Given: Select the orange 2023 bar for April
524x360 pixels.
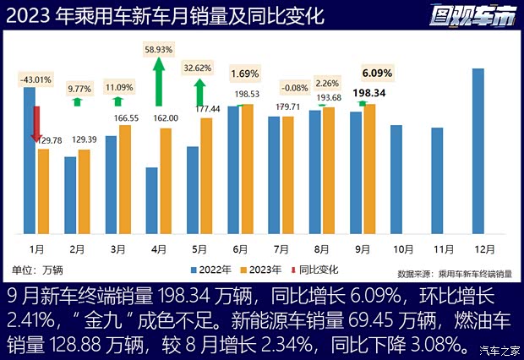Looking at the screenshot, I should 166,180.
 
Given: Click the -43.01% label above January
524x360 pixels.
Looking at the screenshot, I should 35,79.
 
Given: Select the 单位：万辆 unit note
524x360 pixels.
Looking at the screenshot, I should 37,270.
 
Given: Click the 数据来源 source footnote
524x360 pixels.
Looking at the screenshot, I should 454,273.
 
